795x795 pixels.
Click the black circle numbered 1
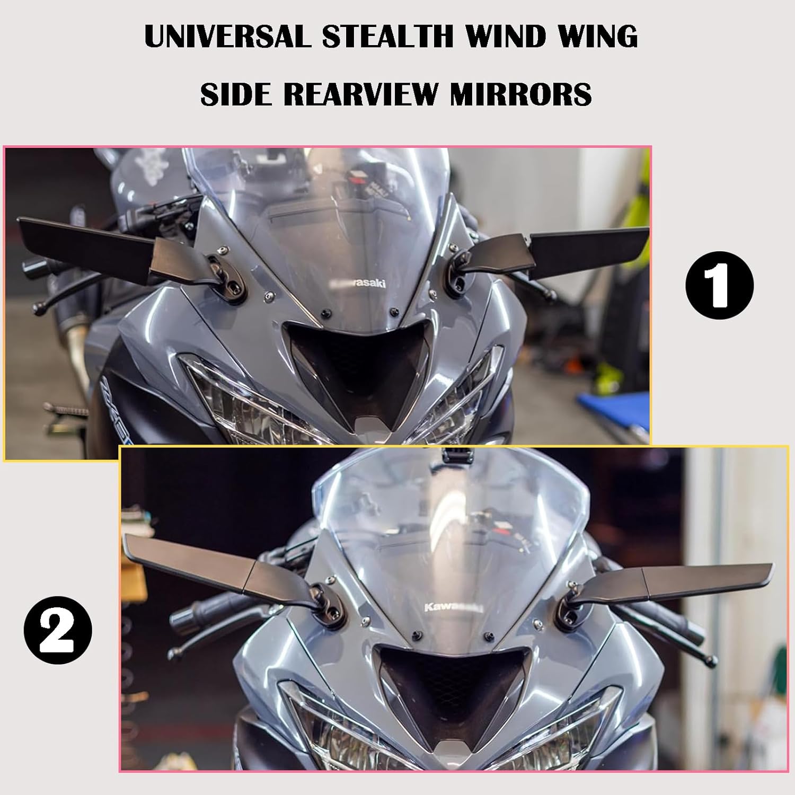(x=719, y=286)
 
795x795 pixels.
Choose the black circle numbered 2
(x=58, y=630)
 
